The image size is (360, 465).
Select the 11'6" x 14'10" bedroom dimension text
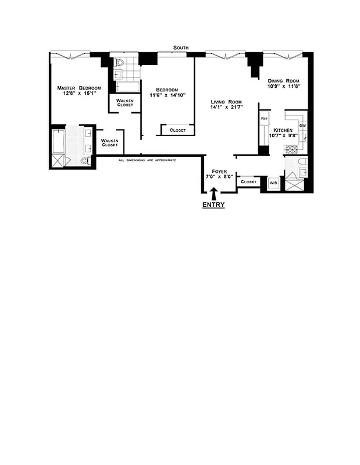(x=167, y=95)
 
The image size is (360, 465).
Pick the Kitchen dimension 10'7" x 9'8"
(x=283, y=136)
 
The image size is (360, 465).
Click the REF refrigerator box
(x=264, y=119)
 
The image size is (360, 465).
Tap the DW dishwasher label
(x=302, y=126)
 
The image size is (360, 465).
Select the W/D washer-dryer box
(x=273, y=183)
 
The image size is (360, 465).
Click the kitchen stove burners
(x=290, y=149)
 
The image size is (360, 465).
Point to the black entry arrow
(x=213, y=193)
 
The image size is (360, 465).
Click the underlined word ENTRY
(x=213, y=205)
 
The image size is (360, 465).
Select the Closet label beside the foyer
(x=248, y=182)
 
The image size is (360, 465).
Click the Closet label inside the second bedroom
(x=177, y=130)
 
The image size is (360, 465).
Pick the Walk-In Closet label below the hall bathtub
(x=124, y=102)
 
